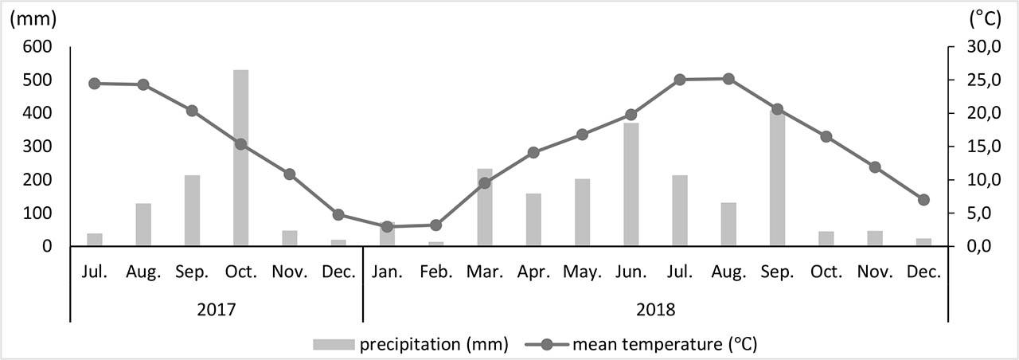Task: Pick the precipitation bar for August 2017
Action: (143, 225)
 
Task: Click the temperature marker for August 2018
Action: (728, 79)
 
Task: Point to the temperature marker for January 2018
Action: (387, 227)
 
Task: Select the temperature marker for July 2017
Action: (95, 84)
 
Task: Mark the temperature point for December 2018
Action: (923, 200)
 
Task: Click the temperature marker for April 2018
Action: (533, 152)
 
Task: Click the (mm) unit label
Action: (25, 20)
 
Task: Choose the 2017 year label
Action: (216, 308)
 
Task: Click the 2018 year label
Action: (655, 308)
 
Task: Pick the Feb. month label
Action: (435, 272)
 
